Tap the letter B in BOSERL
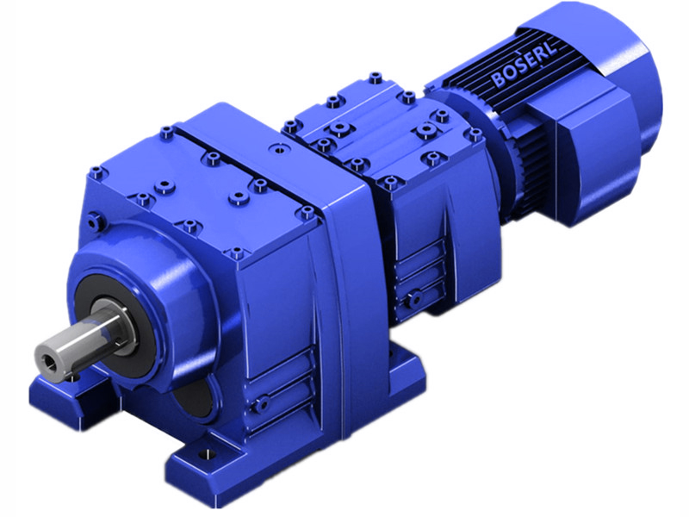click(x=498, y=80)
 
